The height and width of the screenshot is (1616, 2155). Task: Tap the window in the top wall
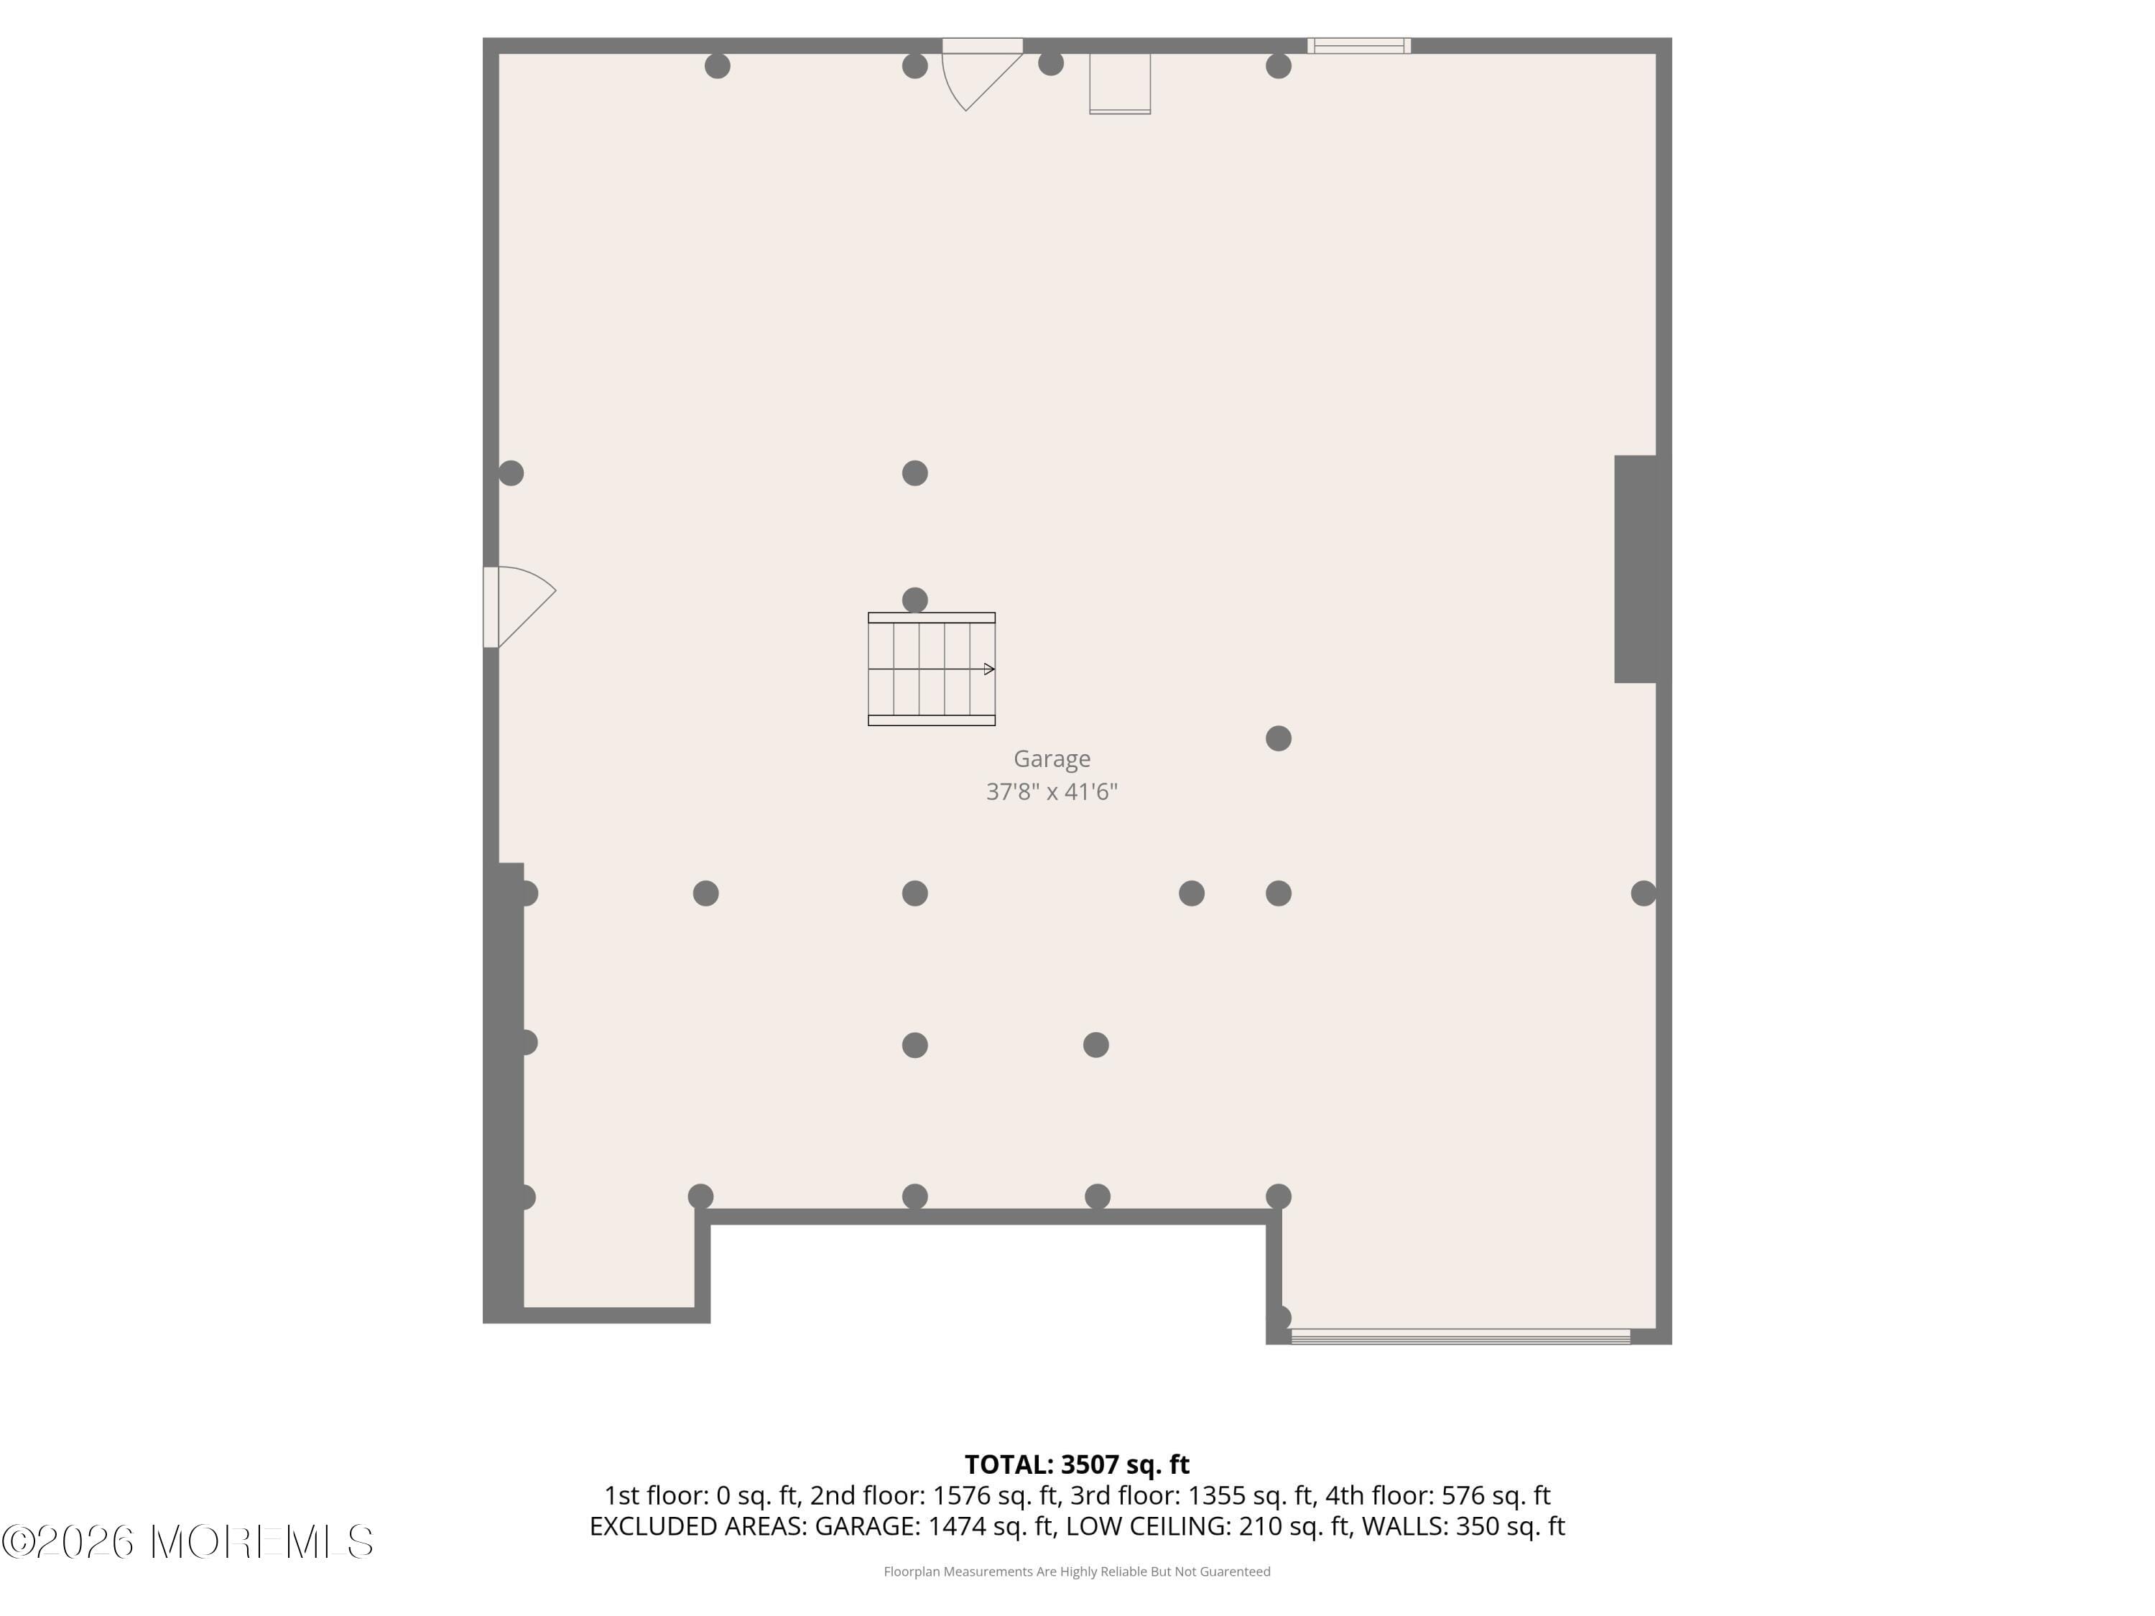point(1358,46)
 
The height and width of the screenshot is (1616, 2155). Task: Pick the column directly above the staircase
point(915,599)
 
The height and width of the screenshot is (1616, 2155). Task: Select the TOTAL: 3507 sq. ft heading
point(1077,1464)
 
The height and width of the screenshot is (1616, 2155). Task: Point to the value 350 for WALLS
point(1475,1526)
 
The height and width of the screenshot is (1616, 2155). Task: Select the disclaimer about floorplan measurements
point(1077,1571)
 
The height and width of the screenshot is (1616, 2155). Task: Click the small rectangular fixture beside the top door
point(1119,83)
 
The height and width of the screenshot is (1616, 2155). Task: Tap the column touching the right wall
point(1644,893)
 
